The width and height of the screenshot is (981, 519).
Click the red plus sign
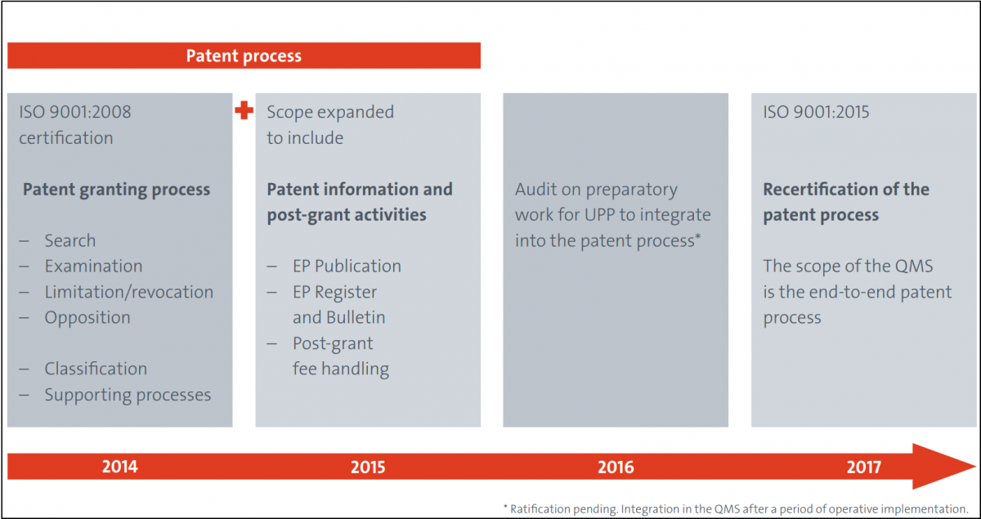pos(244,110)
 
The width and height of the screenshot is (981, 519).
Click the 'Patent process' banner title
pos(244,56)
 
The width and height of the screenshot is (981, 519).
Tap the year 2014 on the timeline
pos(120,467)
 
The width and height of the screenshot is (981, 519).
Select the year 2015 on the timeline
pos(368,467)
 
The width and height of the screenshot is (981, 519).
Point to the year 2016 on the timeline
pos(616,467)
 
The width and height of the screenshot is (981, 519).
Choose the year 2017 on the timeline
pos(863,467)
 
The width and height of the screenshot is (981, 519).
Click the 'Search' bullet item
pos(70,240)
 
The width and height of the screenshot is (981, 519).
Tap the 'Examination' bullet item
pos(93,266)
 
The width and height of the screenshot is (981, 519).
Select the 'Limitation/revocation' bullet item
pos(129,292)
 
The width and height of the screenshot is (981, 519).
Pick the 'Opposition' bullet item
pos(87,318)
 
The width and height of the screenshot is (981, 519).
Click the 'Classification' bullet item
pos(96,369)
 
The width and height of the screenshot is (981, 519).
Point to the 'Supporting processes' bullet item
pos(128,395)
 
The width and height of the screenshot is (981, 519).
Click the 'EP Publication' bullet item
pos(347,266)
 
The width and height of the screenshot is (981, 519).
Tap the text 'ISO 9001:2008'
pos(75,112)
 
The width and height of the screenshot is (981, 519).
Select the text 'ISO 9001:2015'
pos(816,112)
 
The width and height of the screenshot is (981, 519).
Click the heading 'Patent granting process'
pos(116,190)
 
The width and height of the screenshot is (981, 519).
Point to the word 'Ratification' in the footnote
pos(540,509)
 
